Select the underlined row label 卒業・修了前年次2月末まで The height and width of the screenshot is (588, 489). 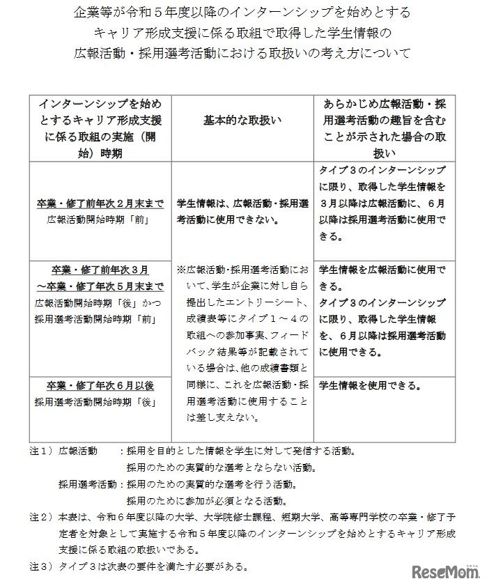tap(100, 204)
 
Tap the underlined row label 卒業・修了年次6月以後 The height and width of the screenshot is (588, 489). tap(100, 385)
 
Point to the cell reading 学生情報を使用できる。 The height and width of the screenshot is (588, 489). tap(370, 385)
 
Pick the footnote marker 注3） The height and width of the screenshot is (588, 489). tap(42, 566)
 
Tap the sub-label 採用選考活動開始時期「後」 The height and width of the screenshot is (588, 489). tap(100, 402)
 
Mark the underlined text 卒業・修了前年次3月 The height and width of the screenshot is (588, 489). tap(100, 270)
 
